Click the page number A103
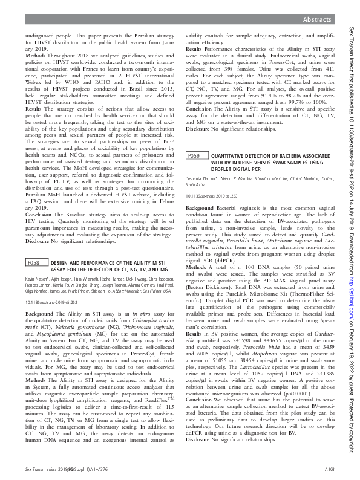coord(330,469)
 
